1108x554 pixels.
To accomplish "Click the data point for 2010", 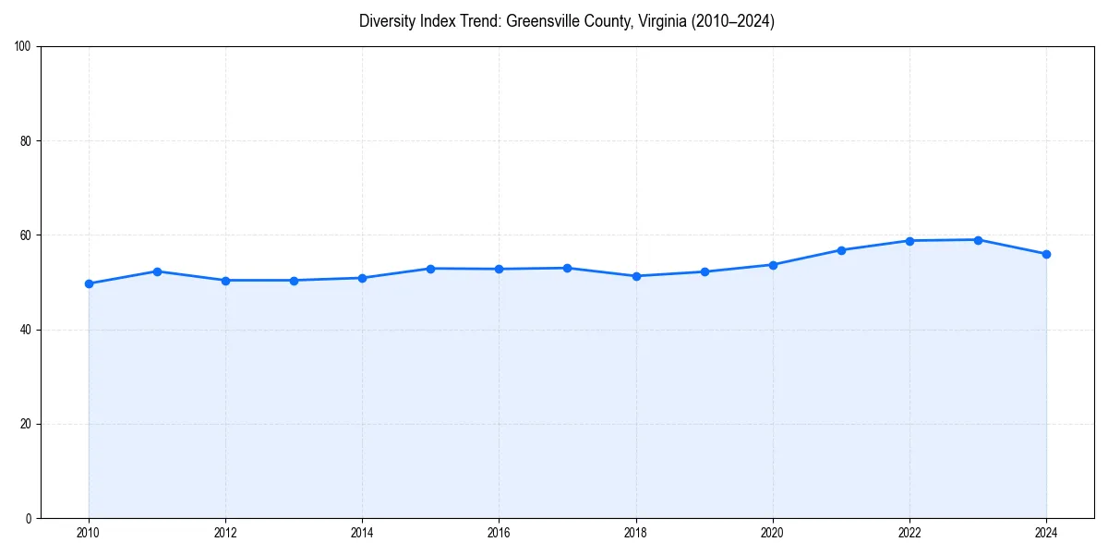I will (x=89, y=283).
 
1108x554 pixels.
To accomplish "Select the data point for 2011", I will (x=157, y=271).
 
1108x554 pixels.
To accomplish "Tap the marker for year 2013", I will (x=294, y=281).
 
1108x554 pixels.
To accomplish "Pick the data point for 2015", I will (x=430, y=269).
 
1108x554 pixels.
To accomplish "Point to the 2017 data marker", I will (x=567, y=268).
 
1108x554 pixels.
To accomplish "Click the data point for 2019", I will (x=705, y=271).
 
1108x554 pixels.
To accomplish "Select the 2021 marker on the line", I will (x=841, y=250).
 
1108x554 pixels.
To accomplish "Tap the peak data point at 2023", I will (x=978, y=240).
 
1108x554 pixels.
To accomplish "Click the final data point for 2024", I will (x=1046, y=254).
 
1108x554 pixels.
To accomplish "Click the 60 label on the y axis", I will (x=26, y=235).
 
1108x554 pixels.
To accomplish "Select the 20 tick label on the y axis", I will (x=26, y=424).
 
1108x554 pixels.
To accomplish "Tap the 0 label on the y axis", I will (x=29, y=518).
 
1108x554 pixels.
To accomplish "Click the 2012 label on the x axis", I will (x=225, y=533).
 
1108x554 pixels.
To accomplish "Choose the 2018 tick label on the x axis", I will (x=635, y=533).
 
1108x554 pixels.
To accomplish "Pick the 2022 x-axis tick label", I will (x=909, y=533).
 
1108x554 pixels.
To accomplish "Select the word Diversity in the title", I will (x=390, y=21).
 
